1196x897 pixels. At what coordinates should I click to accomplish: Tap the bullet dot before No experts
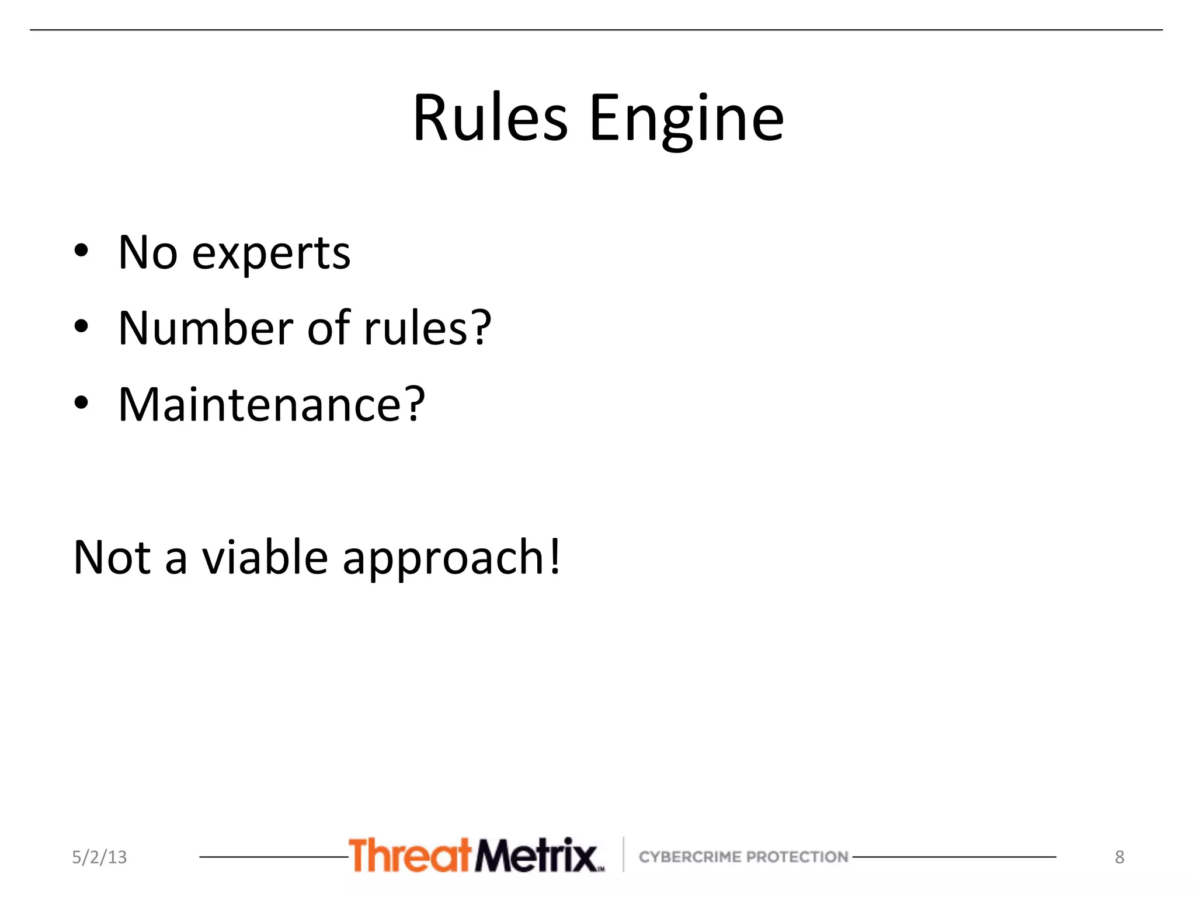point(81,251)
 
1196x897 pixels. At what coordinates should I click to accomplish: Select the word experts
point(271,254)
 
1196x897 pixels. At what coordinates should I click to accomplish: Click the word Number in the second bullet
point(206,328)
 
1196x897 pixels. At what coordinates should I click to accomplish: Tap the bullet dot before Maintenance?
point(81,403)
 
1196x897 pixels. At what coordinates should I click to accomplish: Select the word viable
point(265,557)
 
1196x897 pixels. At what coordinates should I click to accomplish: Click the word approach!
point(451,559)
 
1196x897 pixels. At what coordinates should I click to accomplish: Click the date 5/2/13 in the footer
point(99,857)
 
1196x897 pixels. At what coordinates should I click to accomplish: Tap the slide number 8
point(1119,857)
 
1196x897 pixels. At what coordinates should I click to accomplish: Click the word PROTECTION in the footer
point(797,857)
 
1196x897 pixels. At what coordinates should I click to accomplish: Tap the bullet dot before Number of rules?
point(81,327)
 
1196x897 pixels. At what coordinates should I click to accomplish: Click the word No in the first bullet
point(147,252)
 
